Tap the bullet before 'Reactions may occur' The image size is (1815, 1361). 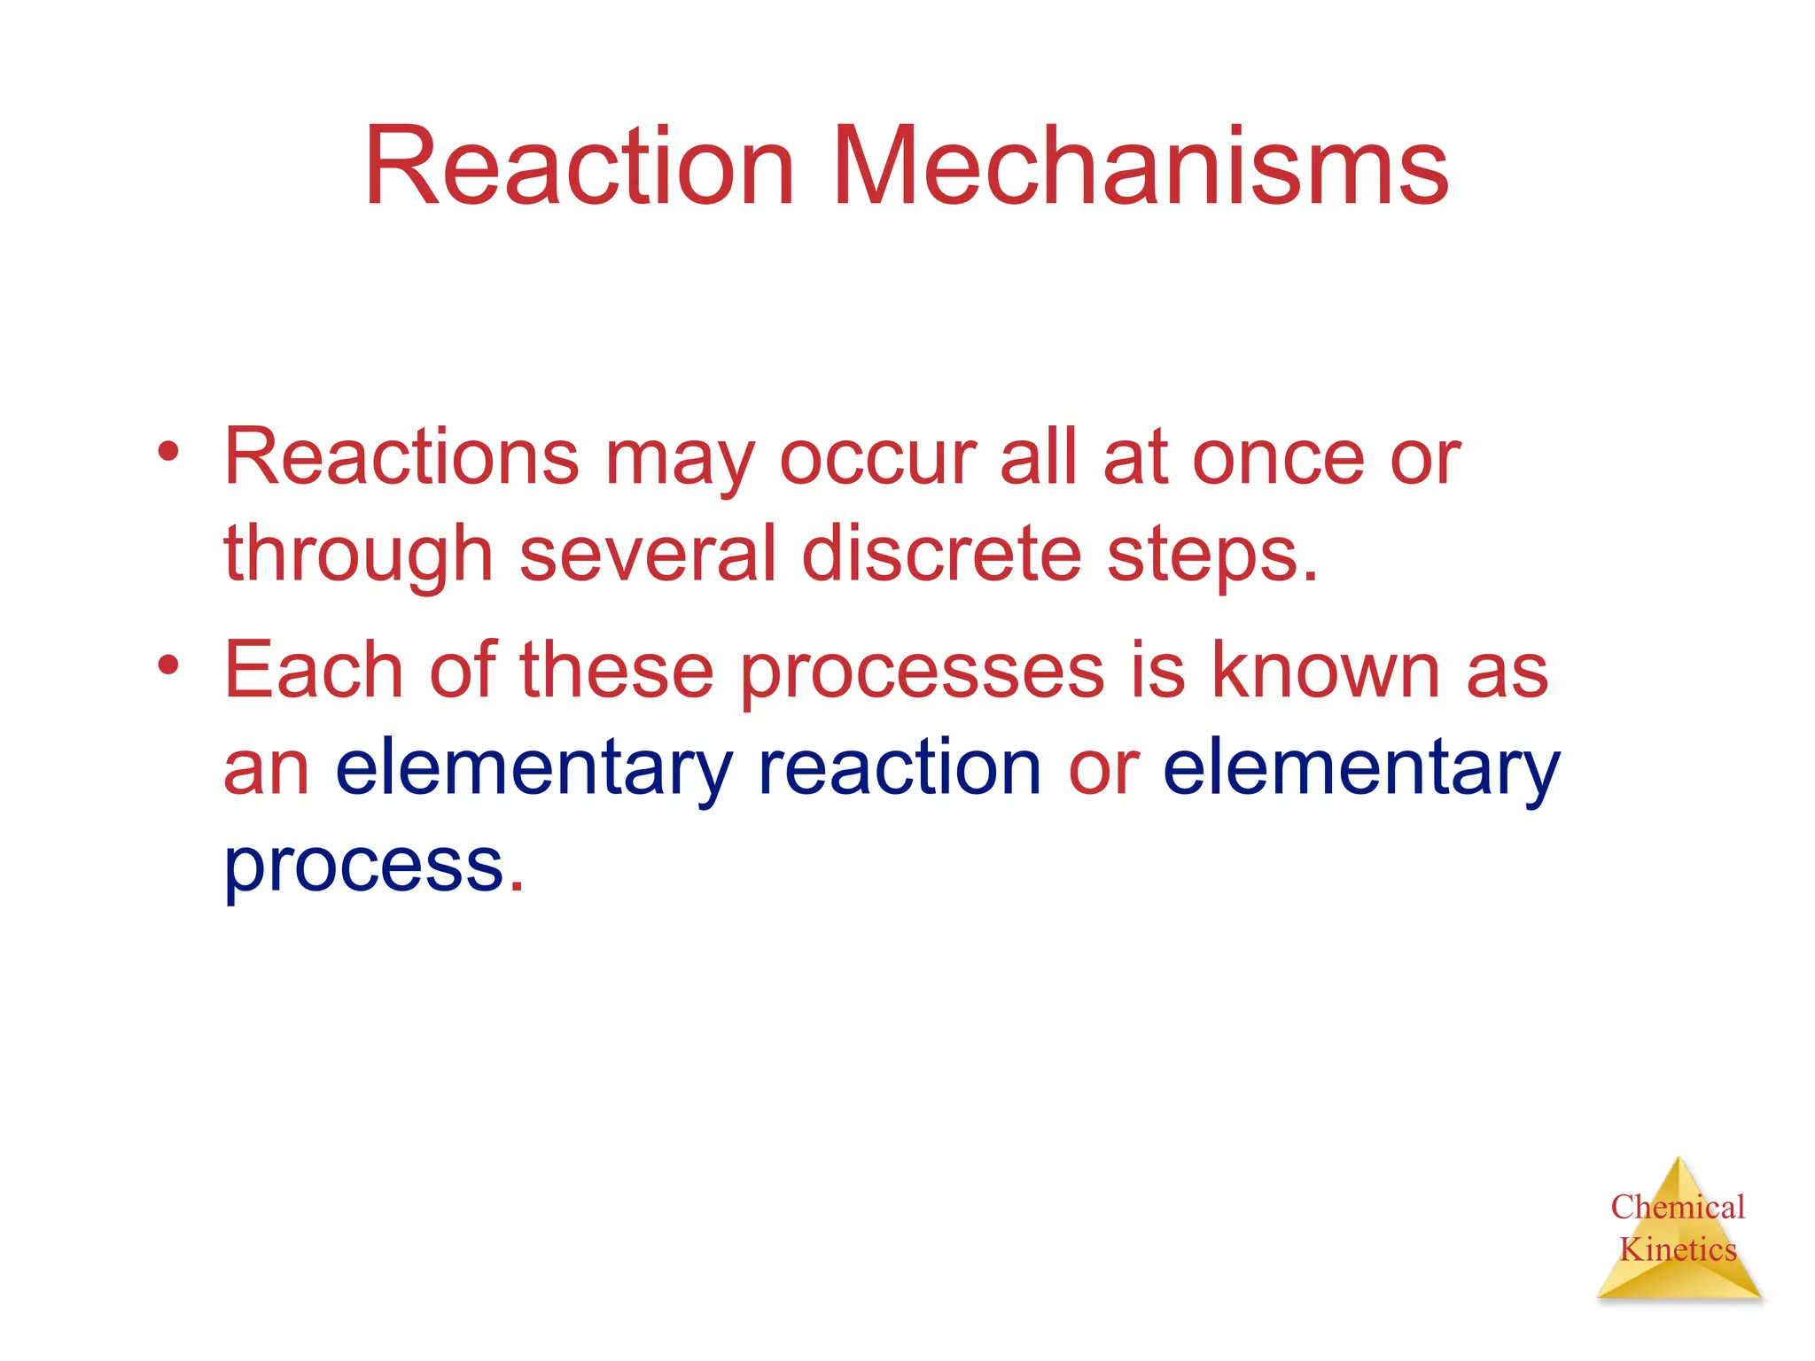168,453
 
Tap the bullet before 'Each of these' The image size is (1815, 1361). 168,665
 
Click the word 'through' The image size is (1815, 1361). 358,556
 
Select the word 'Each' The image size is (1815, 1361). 314,670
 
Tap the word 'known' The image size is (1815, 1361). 1325,670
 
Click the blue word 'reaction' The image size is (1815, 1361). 900,767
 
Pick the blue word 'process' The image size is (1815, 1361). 363,867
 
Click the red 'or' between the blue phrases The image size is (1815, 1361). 1103,767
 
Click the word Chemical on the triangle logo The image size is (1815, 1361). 1678,1207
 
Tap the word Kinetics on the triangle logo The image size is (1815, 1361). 1678,1249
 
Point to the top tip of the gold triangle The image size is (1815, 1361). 1679,1160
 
